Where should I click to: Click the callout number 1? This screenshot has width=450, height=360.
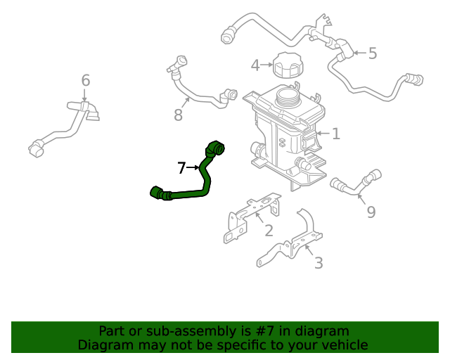[x=336, y=133]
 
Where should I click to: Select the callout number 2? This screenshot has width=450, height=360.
[x=268, y=231]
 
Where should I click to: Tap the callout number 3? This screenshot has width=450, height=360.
[x=318, y=263]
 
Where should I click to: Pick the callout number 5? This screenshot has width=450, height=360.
[x=372, y=53]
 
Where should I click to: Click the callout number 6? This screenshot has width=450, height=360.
[x=85, y=81]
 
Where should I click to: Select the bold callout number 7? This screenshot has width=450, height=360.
[x=181, y=168]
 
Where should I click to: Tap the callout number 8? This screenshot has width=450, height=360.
[x=178, y=115]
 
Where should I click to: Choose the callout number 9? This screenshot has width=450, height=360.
[x=371, y=212]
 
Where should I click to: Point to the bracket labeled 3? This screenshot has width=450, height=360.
[x=295, y=243]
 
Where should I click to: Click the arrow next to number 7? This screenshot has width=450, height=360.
[x=193, y=168]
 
